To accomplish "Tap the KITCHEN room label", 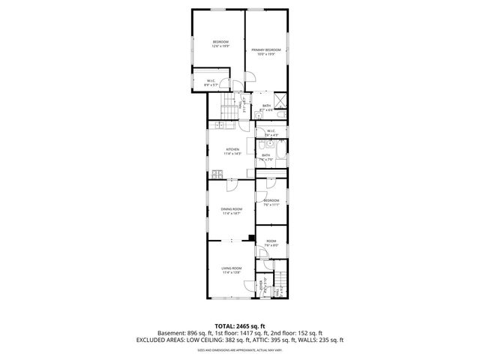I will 232,149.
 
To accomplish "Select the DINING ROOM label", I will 231,209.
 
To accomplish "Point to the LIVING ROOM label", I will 231,268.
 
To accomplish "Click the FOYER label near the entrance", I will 261,283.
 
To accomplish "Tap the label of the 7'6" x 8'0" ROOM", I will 271,241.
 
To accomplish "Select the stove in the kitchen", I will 216,173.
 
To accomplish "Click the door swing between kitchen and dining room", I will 232,180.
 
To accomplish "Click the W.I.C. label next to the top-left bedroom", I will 211,83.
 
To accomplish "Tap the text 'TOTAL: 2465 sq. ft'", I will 239,326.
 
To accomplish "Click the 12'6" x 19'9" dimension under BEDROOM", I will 220,46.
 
